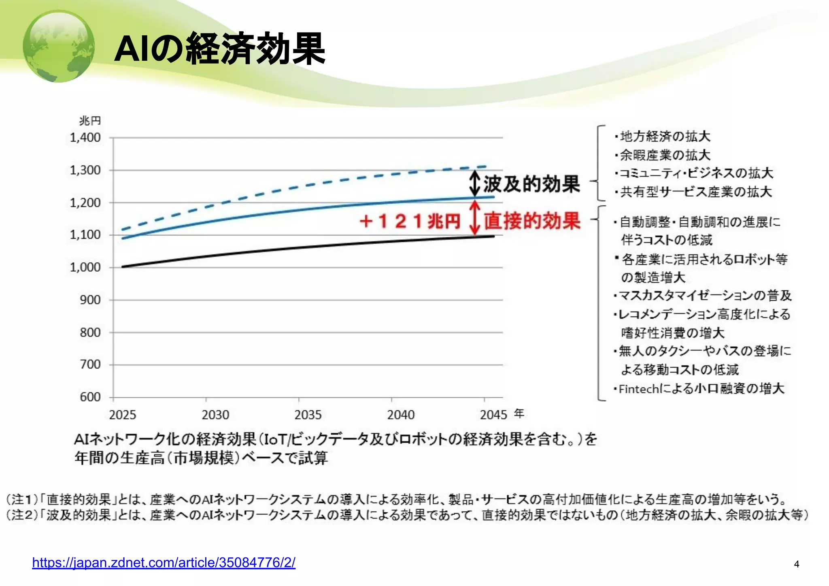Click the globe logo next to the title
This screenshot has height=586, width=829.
[59, 46]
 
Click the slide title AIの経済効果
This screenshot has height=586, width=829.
[220, 49]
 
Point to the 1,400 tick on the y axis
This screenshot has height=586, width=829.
[85, 138]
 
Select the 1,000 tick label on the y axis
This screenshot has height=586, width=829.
[85, 267]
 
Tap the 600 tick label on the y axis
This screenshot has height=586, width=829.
[90, 397]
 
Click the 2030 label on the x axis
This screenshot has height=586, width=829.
[215, 415]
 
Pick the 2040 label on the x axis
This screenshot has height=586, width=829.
[401, 415]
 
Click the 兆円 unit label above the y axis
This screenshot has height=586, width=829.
[90, 121]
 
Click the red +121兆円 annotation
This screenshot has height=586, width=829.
[410, 221]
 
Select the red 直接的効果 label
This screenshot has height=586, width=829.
[532, 221]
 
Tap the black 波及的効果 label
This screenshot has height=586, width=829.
[531, 184]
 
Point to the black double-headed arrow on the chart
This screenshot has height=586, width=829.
[475, 183]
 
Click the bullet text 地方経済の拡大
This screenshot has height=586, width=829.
[665, 136]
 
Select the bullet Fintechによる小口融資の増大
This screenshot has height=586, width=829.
[701, 389]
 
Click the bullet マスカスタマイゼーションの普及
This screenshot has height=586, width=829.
[705, 296]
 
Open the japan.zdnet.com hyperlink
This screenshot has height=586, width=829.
[164, 563]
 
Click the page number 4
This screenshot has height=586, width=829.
[797, 564]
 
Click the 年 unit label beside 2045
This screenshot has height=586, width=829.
[519, 413]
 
